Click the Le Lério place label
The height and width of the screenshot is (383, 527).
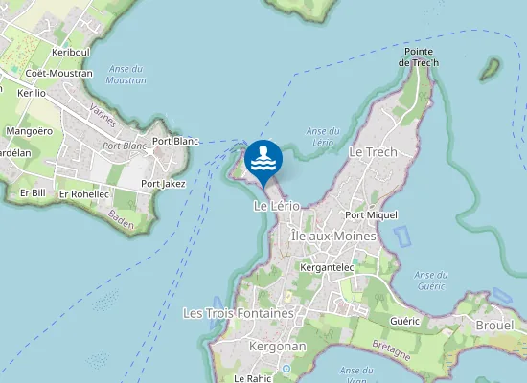point(277,206)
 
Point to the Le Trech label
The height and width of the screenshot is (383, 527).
point(373,152)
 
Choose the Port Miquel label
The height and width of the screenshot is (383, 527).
point(371,215)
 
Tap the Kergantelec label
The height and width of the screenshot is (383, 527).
point(327,267)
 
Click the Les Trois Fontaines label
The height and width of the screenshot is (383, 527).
point(237,313)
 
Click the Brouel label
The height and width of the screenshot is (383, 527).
point(495,326)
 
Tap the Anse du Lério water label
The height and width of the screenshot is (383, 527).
point(323,135)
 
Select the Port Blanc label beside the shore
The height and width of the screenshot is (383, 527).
point(175,141)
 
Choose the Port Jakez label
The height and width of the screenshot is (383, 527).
point(163,183)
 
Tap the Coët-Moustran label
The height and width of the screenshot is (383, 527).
point(59,73)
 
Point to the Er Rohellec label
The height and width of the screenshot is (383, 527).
point(84,193)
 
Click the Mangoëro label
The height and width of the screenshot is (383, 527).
point(29,130)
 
